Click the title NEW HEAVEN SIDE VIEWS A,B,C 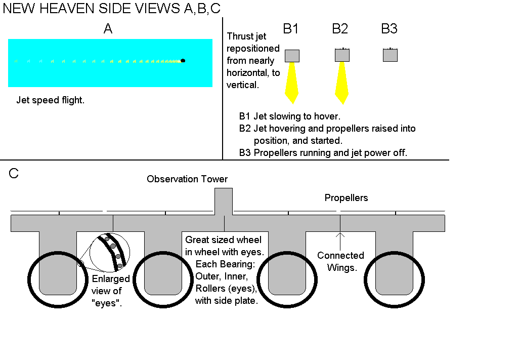[x=112, y=9]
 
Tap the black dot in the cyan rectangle [x=183, y=61]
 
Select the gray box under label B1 [x=292, y=56]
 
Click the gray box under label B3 [x=390, y=55]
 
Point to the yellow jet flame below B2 [x=341, y=83]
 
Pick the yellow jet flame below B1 [x=292, y=82]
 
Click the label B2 [x=340, y=29]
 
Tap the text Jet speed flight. [x=50, y=100]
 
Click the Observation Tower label [x=187, y=179]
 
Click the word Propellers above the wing [x=346, y=198]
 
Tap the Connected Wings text [x=340, y=261]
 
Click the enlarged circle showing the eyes [x=110, y=253]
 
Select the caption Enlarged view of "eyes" [x=110, y=291]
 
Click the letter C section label [x=14, y=174]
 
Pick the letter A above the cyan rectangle [x=108, y=29]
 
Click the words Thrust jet [x=246, y=36]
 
